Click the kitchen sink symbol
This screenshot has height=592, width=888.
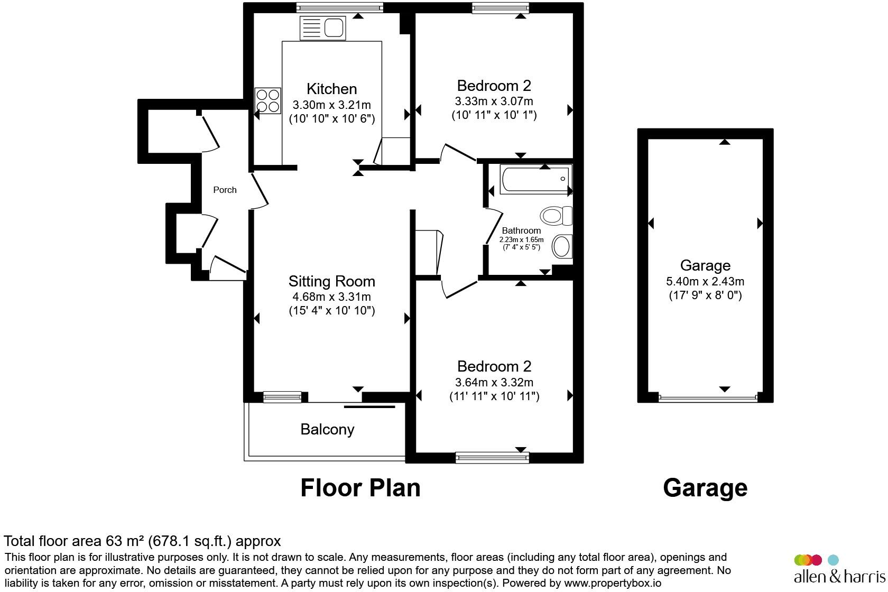322,28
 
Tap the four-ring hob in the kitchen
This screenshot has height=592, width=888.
267,101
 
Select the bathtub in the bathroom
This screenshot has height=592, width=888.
535,179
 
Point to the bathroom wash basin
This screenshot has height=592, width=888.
562,246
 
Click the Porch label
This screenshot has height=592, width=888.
225,190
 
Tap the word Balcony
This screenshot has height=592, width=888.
327,429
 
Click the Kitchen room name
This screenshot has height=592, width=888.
332,89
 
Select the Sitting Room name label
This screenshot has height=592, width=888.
332,281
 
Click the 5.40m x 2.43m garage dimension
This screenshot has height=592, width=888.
705,282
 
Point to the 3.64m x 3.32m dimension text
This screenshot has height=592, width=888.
494,383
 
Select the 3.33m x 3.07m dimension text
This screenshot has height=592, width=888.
494,101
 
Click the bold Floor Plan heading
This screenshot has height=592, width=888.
360,488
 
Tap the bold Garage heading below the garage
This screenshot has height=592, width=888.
705,488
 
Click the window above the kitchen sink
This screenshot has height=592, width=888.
340,7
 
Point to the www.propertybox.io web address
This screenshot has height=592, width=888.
613,583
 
